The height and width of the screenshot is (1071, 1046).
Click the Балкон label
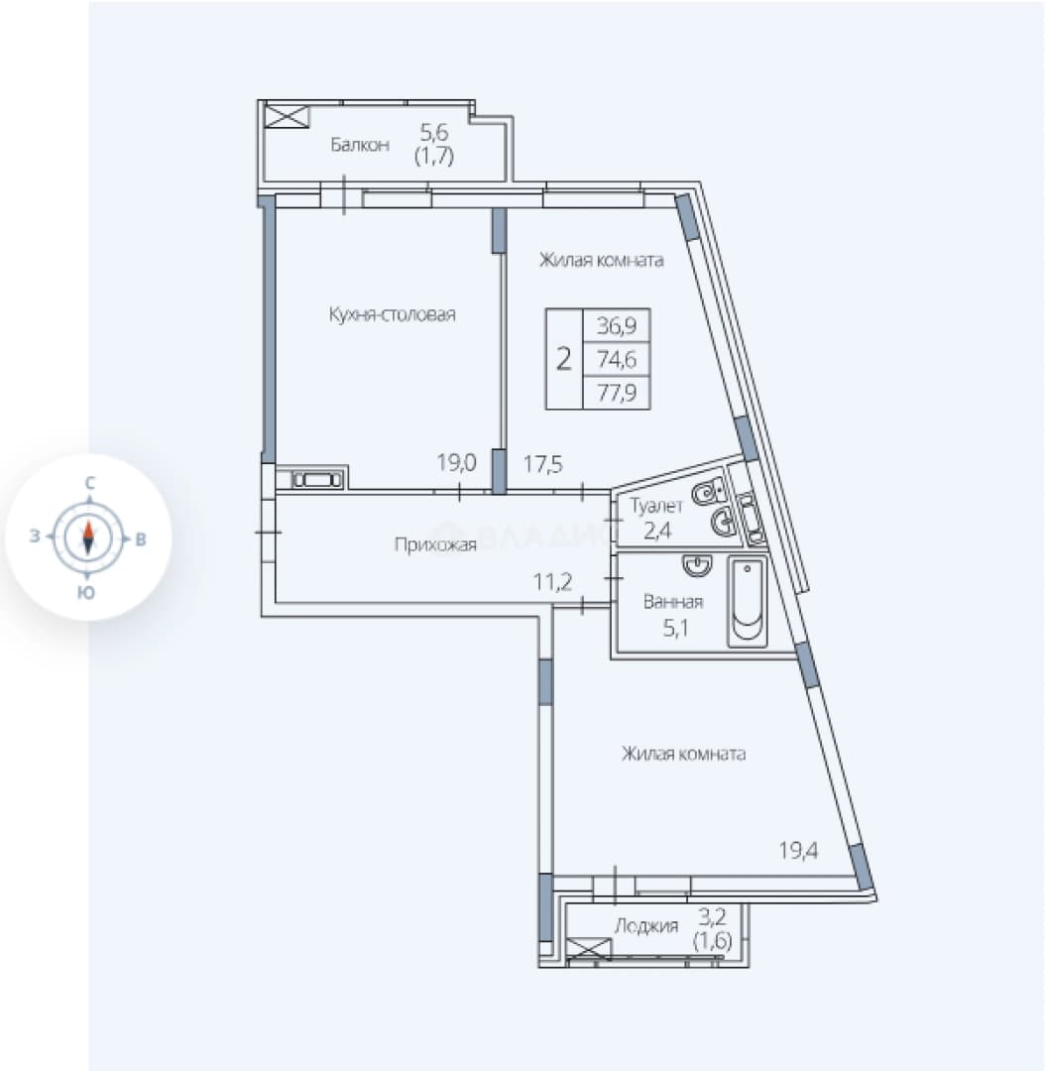click(x=360, y=145)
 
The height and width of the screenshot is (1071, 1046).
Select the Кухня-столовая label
click(x=392, y=315)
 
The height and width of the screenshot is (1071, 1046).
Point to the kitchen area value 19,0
click(x=457, y=463)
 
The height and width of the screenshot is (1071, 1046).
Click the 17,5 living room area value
click(x=543, y=464)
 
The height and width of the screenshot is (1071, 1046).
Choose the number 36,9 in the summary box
click(x=617, y=325)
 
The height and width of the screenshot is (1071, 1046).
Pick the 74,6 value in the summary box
click(x=617, y=359)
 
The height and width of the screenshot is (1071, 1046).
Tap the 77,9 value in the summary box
click(x=617, y=392)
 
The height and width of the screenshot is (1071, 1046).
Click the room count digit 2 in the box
click(x=563, y=359)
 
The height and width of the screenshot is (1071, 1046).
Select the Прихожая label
click(x=435, y=544)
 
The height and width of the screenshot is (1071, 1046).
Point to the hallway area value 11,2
click(x=552, y=582)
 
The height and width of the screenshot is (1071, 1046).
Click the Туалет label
click(x=656, y=506)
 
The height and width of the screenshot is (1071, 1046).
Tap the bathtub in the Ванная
click(x=748, y=602)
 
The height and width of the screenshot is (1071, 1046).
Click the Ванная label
click(x=673, y=602)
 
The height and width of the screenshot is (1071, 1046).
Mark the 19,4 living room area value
click(x=799, y=851)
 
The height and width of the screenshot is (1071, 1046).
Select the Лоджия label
click(x=646, y=926)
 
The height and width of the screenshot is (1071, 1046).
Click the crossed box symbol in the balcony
click(x=287, y=115)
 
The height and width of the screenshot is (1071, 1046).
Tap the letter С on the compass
click(x=89, y=483)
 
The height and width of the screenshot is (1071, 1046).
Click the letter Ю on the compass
click(x=86, y=592)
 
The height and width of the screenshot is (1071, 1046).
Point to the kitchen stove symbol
click(x=317, y=480)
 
